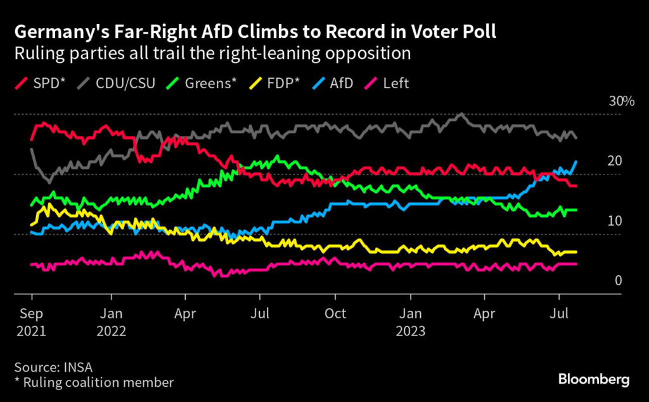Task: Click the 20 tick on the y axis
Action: pos(614,162)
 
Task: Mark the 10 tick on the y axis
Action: pos(614,221)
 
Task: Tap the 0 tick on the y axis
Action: pos(618,281)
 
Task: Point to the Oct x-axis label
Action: pos(335,313)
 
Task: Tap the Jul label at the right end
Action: pos(558,313)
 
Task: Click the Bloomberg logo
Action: pos(594,379)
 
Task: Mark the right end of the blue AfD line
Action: pos(576,161)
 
